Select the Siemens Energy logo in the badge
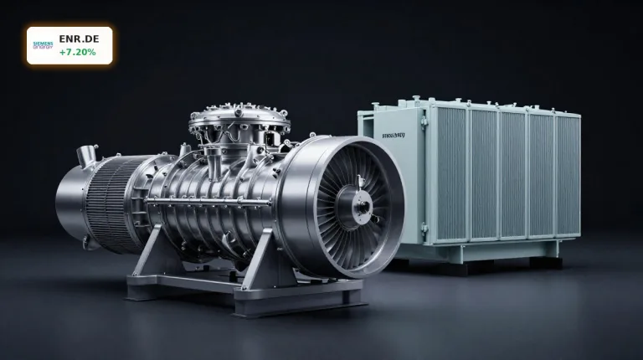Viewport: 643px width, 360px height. pyautogui.click(x=43, y=45)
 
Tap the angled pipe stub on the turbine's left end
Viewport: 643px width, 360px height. pyautogui.click(x=85, y=155)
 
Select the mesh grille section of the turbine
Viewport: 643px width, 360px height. pyautogui.click(x=113, y=201)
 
